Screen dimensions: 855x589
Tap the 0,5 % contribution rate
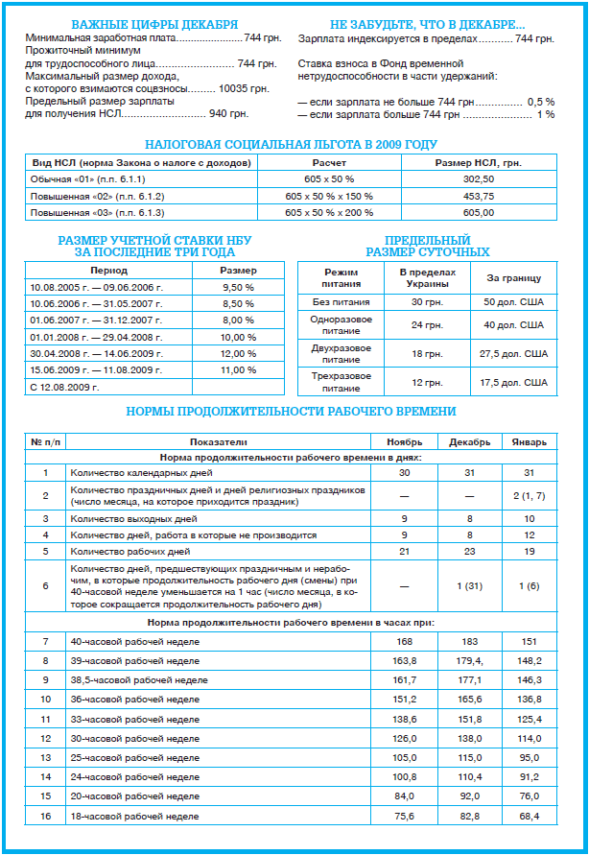540,101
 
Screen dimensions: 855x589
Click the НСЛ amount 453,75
478,196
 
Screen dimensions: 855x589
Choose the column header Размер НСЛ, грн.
478,163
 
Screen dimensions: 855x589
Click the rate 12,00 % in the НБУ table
239,353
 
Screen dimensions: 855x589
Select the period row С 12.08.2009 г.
65,387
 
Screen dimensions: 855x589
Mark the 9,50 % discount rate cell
239,287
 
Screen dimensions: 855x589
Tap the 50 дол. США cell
522,302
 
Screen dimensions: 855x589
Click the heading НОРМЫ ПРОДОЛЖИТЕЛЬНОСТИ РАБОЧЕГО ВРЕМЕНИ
292,413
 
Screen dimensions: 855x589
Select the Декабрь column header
469,442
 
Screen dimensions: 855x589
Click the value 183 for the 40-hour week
469,640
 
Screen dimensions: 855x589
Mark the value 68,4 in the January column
529,816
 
